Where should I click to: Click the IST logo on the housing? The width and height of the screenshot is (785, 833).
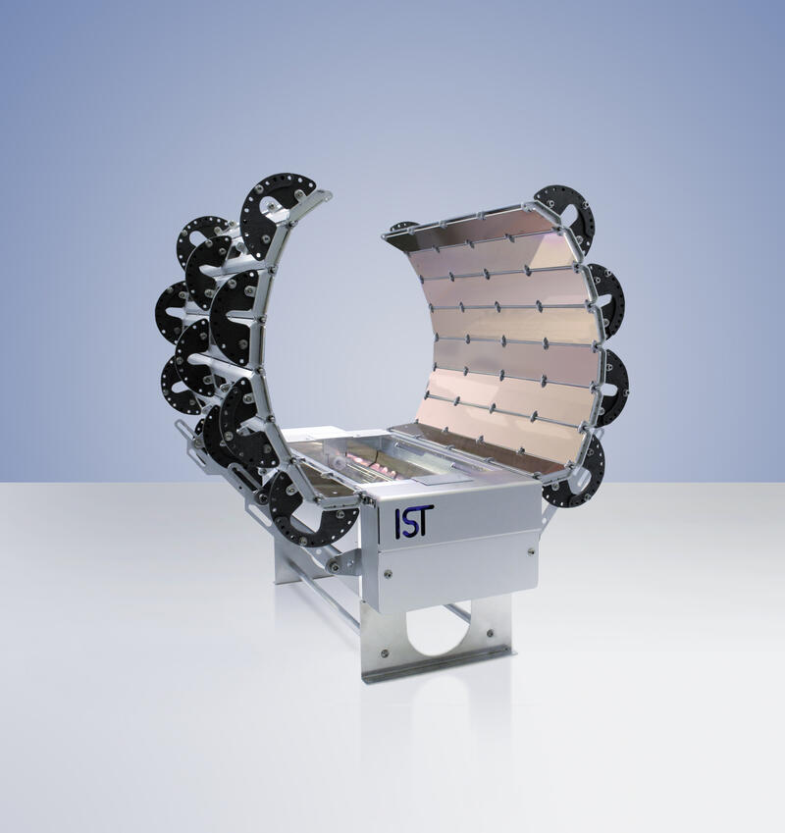(414, 521)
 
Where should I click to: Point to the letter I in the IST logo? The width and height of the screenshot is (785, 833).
(397, 522)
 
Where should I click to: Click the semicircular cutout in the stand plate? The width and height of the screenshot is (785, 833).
(438, 630)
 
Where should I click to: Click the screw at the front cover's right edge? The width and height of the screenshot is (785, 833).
(530, 552)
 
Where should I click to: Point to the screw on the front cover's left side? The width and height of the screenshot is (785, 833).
(389, 573)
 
